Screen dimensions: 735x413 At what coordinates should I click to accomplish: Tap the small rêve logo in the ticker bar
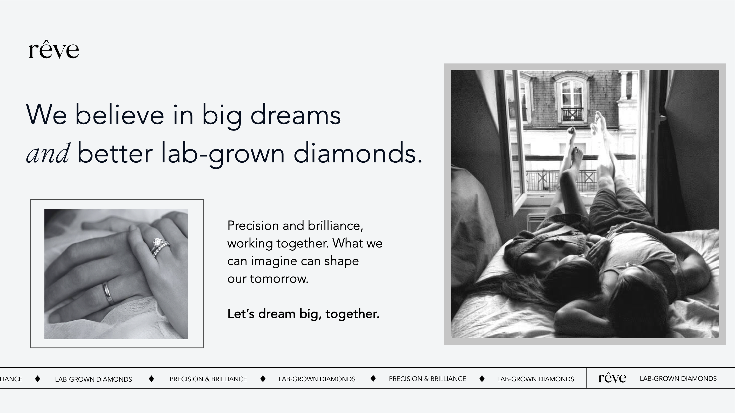612,378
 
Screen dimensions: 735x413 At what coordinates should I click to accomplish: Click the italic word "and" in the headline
48,153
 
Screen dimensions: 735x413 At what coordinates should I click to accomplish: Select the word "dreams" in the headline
296,115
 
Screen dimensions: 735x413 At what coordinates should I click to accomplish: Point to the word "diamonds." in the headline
358,153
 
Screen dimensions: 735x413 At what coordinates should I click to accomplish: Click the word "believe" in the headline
119,115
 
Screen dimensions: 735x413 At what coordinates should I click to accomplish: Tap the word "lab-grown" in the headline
223,154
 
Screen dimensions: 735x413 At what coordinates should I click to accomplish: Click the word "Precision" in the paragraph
253,225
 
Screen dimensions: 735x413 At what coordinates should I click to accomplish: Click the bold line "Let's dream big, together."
303,314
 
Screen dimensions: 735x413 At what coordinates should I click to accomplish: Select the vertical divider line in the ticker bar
586,378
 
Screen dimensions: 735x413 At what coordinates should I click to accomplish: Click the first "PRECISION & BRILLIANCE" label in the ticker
208,379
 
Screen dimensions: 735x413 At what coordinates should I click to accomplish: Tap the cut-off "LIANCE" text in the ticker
11,379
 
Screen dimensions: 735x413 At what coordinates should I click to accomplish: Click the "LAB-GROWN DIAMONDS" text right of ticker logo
678,378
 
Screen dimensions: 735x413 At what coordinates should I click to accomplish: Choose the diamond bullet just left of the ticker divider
482,378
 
